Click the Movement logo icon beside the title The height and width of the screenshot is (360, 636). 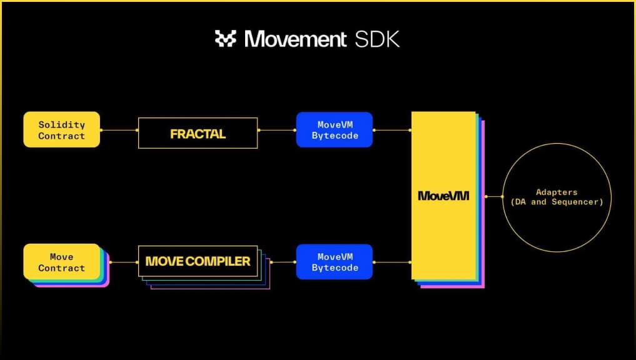pyautogui.click(x=226, y=39)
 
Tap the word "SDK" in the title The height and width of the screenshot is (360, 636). pyautogui.click(x=377, y=39)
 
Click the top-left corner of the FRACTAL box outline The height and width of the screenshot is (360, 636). pyautogui.click(x=139, y=118)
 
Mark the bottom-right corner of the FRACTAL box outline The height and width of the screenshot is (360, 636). pyautogui.click(x=258, y=148)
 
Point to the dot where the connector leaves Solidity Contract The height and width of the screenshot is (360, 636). pyautogui.click(x=101, y=130)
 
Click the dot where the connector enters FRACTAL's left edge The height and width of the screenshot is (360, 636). pyautogui.click(x=137, y=130)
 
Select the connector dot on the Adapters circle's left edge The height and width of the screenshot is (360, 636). pyautogui.click(x=503, y=197)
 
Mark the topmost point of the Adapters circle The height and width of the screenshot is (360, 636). pyautogui.click(x=557, y=143)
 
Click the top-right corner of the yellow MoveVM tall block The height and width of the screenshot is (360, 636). pyautogui.click(x=475, y=112)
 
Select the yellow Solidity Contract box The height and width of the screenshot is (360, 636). pyautogui.click(x=62, y=130)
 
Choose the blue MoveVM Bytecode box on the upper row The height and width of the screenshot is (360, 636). pyautogui.click(x=335, y=130)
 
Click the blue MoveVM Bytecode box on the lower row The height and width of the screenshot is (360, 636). pyautogui.click(x=335, y=262)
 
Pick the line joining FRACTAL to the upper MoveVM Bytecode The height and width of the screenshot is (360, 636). pyautogui.click(x=277, y=130)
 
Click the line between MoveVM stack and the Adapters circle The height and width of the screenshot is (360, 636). pyautogui.click(x=494, y=197)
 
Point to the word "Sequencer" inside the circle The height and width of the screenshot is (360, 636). pyautogui.click(x=577, y=202)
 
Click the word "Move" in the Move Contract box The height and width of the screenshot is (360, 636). pyautogui.click(x=62, y=257)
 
